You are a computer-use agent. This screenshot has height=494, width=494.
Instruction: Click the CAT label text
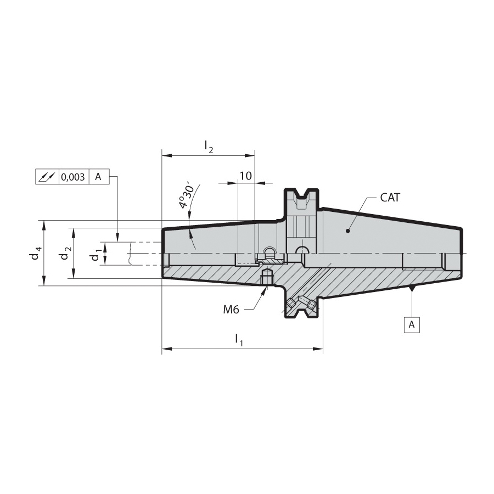(390, 198)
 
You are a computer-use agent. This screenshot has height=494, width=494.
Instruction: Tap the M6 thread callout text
(231, 310)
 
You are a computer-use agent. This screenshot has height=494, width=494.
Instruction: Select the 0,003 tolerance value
(73, 177)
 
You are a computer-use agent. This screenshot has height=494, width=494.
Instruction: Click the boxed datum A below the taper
(412, 324)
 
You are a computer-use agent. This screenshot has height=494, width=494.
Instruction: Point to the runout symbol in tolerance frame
(47, 177)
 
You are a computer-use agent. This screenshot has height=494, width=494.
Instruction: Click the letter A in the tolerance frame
(98, 177)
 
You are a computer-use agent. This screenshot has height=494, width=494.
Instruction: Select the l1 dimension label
(239, 340)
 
